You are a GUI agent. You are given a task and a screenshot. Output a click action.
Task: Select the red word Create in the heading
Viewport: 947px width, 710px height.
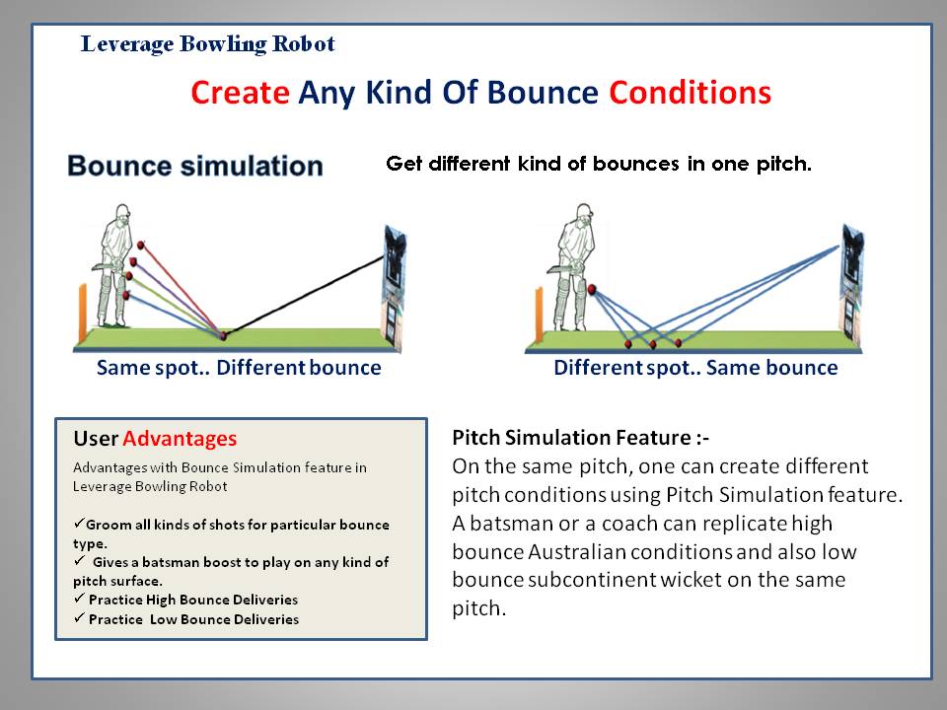click(x=240, y=93)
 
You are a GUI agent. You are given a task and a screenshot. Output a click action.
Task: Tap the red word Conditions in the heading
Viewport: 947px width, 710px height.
click(x=690, y=93)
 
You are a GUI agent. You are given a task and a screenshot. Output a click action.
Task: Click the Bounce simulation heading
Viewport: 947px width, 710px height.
click(x=195, y=166)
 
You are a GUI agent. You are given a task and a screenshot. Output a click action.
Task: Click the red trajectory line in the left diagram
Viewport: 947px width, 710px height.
click(x=182, y=290)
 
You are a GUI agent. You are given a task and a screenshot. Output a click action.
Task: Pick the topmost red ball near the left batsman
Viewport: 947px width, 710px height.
click(x=141, y=246)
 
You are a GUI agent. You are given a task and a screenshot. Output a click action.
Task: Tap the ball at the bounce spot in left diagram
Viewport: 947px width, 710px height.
click(x=224, y=335)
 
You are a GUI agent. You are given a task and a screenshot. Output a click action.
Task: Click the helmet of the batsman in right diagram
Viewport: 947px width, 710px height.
click(x=583, y=211)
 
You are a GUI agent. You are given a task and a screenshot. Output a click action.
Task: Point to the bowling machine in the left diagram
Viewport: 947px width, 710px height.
click(x=395, y=287)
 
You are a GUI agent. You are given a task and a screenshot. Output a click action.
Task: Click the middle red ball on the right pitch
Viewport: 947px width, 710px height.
click(x=653, y=345)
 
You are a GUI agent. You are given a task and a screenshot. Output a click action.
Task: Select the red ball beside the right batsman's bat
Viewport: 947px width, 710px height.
click(x=592, y=290)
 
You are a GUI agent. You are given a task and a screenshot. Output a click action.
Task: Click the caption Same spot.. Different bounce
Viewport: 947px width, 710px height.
click(x=239, y=367)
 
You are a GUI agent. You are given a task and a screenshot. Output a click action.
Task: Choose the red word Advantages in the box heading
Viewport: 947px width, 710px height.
click(x=180, y=438)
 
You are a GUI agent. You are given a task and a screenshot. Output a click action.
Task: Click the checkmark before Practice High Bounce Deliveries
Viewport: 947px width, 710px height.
click(x=79, y=599)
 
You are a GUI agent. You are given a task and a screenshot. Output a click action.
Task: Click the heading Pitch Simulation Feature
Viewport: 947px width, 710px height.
click(x=580, y=437)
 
